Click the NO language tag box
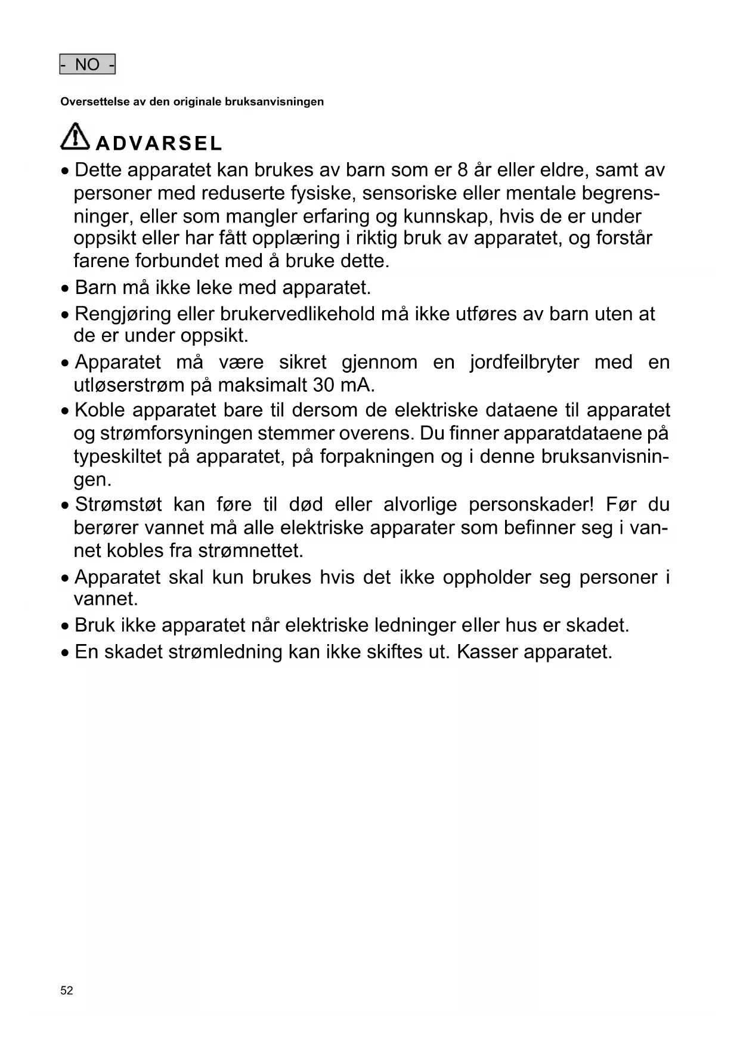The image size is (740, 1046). (87, 64)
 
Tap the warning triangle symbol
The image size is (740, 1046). (75, 137)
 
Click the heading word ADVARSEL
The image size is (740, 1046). (159, 144)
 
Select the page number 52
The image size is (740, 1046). (67, 991)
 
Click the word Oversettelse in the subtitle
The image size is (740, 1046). (94, 102)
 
